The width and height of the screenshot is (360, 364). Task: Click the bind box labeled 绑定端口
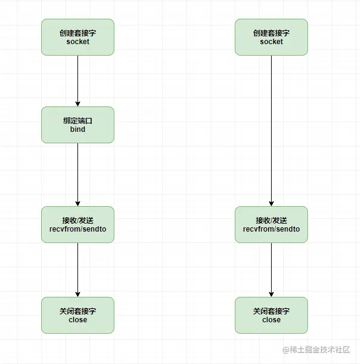[77, 125]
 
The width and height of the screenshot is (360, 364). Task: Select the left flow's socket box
[77, 37]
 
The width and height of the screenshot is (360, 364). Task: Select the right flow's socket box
[271, 37]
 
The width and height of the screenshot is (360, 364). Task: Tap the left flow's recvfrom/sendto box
[77, 224]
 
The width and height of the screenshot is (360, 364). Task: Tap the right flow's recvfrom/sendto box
[271, 224]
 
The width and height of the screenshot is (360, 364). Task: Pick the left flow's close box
[77, 315]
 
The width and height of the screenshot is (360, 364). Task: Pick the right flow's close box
[271, 315]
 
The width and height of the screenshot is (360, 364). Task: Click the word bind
[77, 129]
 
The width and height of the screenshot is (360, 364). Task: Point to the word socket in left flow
[77, 42]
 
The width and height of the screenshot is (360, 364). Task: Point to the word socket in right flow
[271, 42]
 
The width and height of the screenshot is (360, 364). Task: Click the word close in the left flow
[77, 320]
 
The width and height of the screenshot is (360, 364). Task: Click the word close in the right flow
[271, 320]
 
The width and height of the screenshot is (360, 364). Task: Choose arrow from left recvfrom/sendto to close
[77, 270]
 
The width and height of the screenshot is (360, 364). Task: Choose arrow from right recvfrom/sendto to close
[271, 270]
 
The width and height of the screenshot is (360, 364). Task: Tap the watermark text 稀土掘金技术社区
[321, 349]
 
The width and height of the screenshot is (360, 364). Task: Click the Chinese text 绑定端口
[77, 120]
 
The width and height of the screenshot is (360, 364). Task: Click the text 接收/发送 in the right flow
[271, 220]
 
